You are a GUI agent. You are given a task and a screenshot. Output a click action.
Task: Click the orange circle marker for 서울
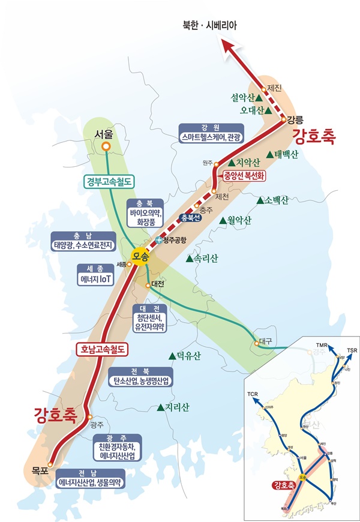coord(106,146)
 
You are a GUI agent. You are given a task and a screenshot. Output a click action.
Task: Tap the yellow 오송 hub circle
coord(140,254)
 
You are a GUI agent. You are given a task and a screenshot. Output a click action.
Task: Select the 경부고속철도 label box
coord(108,181)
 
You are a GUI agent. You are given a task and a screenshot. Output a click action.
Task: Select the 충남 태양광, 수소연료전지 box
coord(82,241)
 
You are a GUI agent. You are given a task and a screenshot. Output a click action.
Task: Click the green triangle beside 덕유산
coord(172,356)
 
